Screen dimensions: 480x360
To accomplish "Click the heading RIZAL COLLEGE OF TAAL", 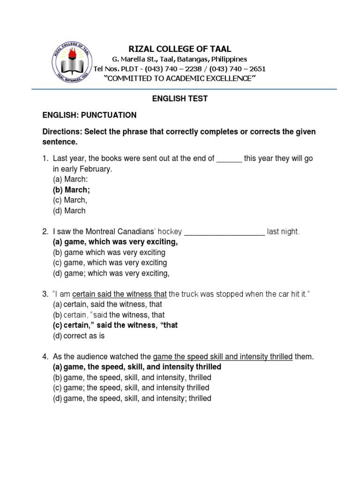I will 180,49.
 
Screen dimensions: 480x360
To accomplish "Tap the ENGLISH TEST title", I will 180,99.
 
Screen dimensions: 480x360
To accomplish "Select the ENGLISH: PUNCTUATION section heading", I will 90,115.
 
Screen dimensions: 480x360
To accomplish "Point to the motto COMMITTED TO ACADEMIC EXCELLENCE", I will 180,78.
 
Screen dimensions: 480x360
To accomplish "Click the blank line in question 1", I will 229,158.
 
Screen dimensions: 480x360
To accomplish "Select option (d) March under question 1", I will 69,210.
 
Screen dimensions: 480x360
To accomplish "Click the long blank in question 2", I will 225,232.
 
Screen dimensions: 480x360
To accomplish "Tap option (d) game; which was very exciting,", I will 111,273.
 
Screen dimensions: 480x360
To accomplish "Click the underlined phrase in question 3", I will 120,294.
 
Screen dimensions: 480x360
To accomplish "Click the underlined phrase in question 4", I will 223,357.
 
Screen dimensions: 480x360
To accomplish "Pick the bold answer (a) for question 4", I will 136,367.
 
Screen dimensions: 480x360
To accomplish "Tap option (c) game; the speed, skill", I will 131,388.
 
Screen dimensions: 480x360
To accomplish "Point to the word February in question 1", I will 97,169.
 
